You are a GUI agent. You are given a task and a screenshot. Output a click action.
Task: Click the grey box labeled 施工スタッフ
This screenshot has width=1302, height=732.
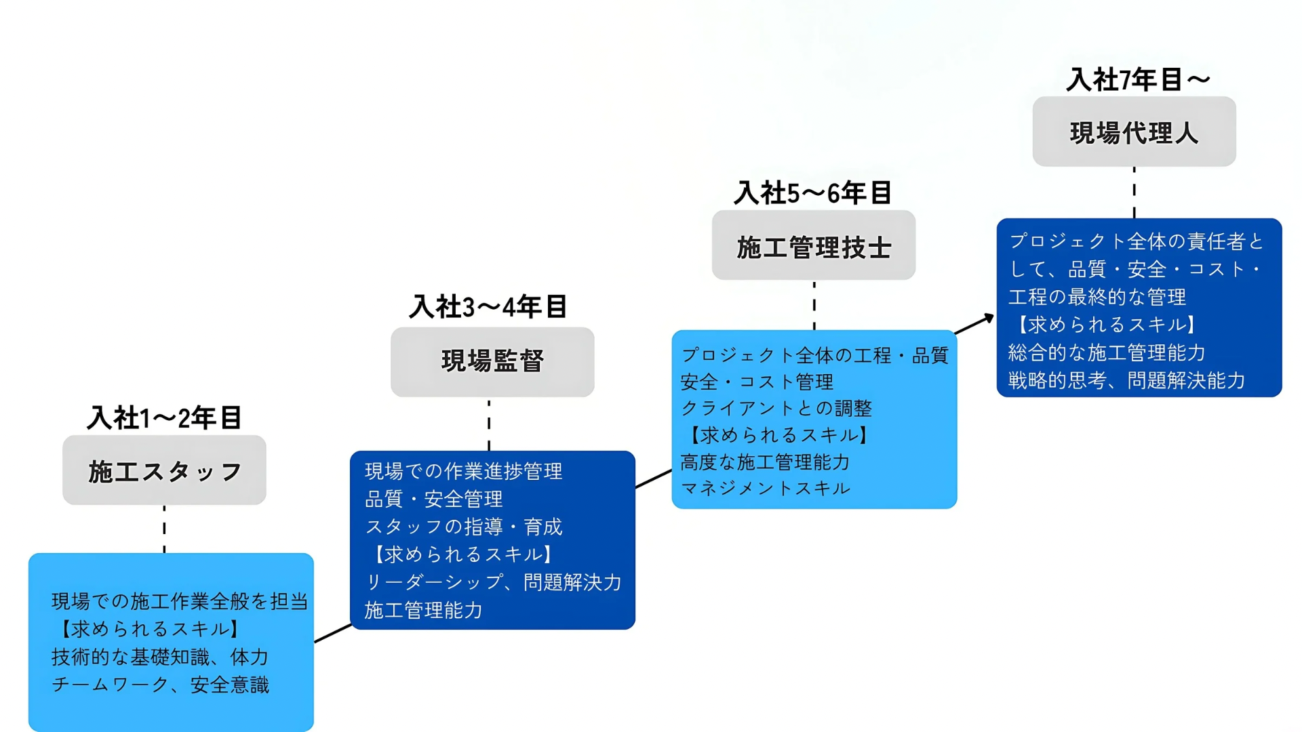[x=164, y=470]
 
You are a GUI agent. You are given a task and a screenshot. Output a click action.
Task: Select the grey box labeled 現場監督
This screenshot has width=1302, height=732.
[x=492, y=362]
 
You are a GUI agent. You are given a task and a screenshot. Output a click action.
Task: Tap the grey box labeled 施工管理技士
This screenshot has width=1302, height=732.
[x=814, y=245]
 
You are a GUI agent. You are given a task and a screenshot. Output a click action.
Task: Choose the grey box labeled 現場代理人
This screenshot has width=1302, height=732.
[x=1135, y=131]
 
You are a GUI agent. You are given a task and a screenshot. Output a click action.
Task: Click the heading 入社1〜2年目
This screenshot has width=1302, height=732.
[x=164, y=418]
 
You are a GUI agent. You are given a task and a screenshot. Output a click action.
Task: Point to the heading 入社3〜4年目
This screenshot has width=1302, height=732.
[x=488, y=306]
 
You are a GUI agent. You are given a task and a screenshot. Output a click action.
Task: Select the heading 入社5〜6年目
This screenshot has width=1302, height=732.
[x=813, y=193]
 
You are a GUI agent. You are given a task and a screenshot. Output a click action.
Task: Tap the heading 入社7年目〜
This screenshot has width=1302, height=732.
[x=1139, y=79]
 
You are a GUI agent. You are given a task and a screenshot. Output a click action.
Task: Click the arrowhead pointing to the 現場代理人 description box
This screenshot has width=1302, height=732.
[x=989, y=318]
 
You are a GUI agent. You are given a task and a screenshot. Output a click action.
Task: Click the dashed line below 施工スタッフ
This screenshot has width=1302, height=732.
[x=164, y=529]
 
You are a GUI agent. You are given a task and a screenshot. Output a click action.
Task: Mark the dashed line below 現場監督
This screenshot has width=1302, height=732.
[x=489, y=424]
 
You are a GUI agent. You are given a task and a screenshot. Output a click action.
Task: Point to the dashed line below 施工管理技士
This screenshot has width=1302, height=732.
[x=814, y=305]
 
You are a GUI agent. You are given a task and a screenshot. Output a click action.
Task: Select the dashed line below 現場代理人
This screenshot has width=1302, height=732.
[x=1135, y=192]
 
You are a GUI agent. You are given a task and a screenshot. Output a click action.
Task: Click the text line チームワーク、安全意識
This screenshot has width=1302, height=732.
[x=161, y=685]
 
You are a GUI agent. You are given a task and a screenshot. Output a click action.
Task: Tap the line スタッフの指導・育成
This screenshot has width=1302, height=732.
[x=464, y=527]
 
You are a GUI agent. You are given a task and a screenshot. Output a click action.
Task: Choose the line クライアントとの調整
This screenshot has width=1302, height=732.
[x=776, y=408]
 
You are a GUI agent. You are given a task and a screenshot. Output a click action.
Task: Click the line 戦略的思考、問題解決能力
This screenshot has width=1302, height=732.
[x=1127, y=380]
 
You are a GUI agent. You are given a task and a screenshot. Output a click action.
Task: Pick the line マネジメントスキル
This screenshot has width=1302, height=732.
[x=766, y=488]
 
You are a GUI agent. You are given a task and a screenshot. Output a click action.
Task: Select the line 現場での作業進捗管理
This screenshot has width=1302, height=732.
[x=464, y=471]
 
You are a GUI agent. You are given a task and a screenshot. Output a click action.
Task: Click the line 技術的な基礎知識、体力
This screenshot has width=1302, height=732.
[x=161, y=657]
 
